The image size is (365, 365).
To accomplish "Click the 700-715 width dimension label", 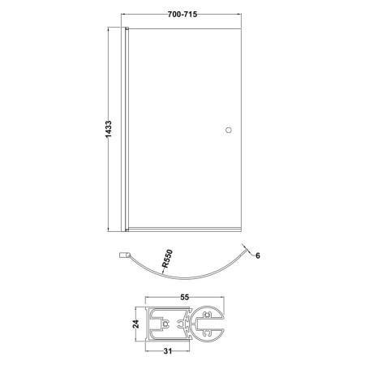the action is click(182, 15).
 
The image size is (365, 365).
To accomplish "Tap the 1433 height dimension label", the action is click(108, 129).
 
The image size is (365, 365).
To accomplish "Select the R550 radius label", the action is click(167, 259).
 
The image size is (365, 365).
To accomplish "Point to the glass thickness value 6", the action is click(258, 255).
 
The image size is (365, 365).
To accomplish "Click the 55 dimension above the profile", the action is click(184, 298).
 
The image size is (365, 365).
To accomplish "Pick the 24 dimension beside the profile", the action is click(136, 324).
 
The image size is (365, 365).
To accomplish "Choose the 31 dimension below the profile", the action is click(168, 351).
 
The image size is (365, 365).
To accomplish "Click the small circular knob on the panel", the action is click(229, 130).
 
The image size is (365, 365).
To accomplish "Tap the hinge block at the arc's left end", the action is click(124, 255).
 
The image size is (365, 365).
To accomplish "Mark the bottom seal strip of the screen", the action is click(184, 230).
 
